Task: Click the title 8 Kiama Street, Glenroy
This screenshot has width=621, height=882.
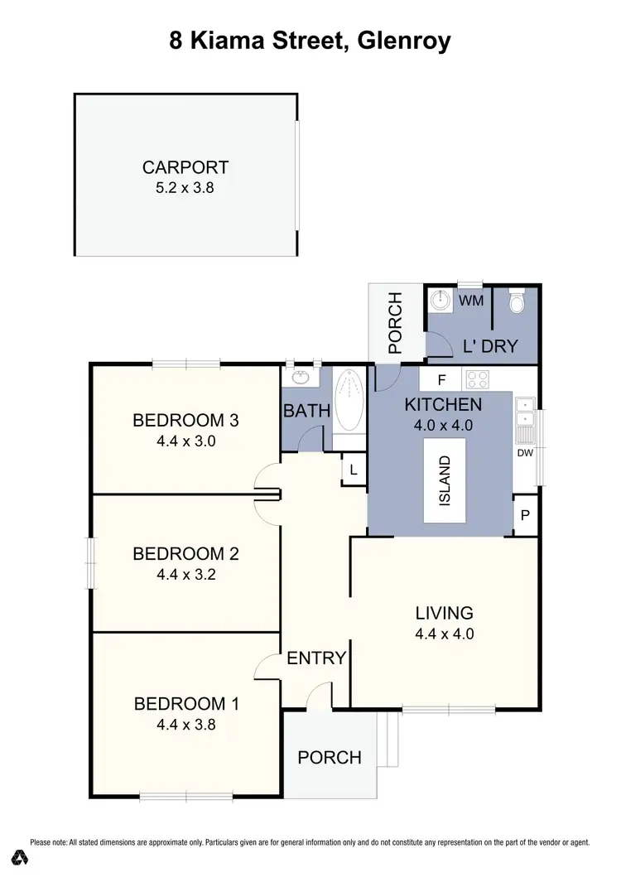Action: click(x=310, y=41)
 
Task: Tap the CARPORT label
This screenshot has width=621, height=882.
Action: click(x=185, y=167)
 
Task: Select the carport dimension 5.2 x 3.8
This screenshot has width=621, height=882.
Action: click(x=185, y=187)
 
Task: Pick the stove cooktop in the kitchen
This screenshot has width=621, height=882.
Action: click(x=477, y=380)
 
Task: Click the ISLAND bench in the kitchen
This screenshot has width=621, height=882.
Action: click(x=445, y=480)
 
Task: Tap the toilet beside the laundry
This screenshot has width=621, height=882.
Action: click(x=517, y=302)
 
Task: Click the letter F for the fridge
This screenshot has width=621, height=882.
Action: click(x=441, y=381)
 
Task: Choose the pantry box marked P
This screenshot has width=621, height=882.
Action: click(x=525, y=516)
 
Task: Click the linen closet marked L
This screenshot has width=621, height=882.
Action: click(x=354, y=470)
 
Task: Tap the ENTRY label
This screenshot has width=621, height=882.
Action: click(x=316, y=658)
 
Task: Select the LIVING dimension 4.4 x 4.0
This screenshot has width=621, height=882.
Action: click(x=444, y=634)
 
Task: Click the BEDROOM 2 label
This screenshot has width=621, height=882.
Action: click(x=185, y=553)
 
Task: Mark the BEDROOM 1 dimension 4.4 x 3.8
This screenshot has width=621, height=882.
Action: click(x=185, y=724)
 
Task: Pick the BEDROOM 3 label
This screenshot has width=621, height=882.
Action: click(x=185, y=421)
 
